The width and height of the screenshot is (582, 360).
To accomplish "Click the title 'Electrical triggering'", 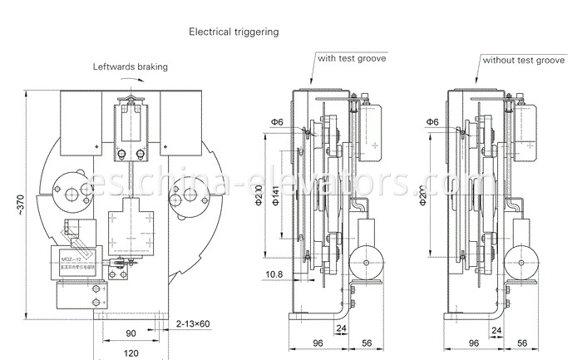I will click(x=234, y=32).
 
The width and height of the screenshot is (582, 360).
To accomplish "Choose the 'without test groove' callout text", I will click(x=524, y=60).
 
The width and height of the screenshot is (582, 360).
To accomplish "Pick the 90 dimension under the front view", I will click(x=131, y=334).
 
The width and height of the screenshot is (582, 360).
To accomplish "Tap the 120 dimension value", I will click(x=131, y=353).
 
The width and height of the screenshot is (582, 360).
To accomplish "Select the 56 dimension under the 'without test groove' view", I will click(x=522, y=342).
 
